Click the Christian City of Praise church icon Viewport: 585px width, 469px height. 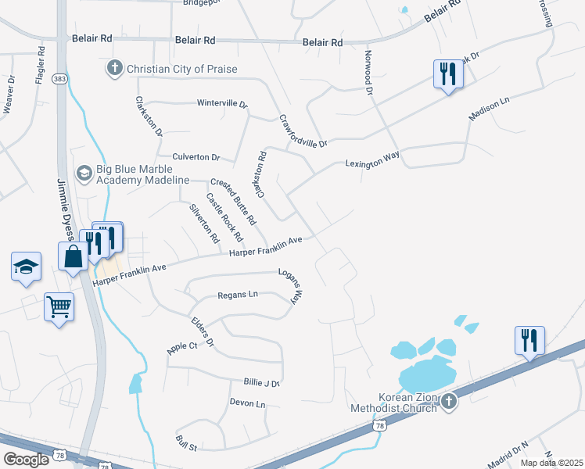115,69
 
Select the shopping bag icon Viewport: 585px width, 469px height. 73,256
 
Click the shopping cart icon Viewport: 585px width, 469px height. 59,306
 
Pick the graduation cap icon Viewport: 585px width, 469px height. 26,267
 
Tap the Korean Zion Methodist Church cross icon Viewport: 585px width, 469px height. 449,402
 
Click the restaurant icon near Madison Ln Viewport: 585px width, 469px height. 448,74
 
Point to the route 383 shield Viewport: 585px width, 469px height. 59,79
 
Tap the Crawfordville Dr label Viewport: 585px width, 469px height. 303,131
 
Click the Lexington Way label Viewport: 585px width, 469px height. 372,160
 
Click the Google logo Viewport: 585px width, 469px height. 26,460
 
